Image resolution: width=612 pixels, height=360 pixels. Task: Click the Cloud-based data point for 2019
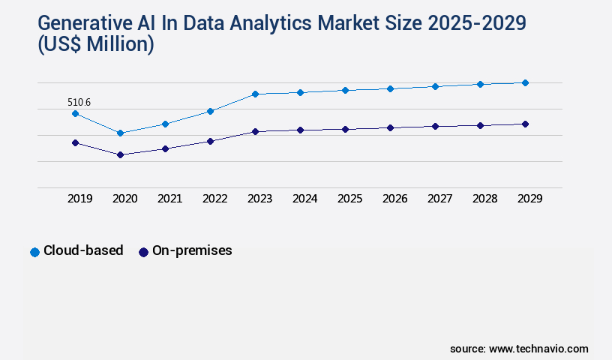point(75,113)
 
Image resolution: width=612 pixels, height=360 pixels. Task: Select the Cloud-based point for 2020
point(120,133)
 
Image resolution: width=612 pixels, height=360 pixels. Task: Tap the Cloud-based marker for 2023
point(255,94)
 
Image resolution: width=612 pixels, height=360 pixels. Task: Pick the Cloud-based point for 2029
point(525,82)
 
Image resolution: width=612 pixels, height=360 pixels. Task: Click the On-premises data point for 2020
point(120,154)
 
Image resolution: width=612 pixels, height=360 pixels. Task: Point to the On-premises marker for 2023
point(255,131)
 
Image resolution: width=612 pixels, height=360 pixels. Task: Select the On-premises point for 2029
point(525,124)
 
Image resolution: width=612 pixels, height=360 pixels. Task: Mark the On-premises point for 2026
point(390,127)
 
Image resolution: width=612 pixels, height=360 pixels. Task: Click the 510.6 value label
point(79,102)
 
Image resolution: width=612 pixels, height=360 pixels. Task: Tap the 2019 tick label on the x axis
point(79,199)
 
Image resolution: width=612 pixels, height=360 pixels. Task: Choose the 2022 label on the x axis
point(214,199)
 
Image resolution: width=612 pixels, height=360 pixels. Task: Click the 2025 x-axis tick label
point(349,199)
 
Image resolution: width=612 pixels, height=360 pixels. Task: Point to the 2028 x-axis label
point(484,199)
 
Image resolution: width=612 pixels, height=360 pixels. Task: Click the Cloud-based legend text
point(83,251)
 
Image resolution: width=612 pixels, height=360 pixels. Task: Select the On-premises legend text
point(192,251)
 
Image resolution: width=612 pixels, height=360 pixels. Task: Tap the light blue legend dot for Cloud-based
point(34,252)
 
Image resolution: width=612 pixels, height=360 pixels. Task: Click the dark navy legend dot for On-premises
point(143,252)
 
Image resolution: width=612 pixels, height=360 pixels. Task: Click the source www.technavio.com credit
point(519,349)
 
